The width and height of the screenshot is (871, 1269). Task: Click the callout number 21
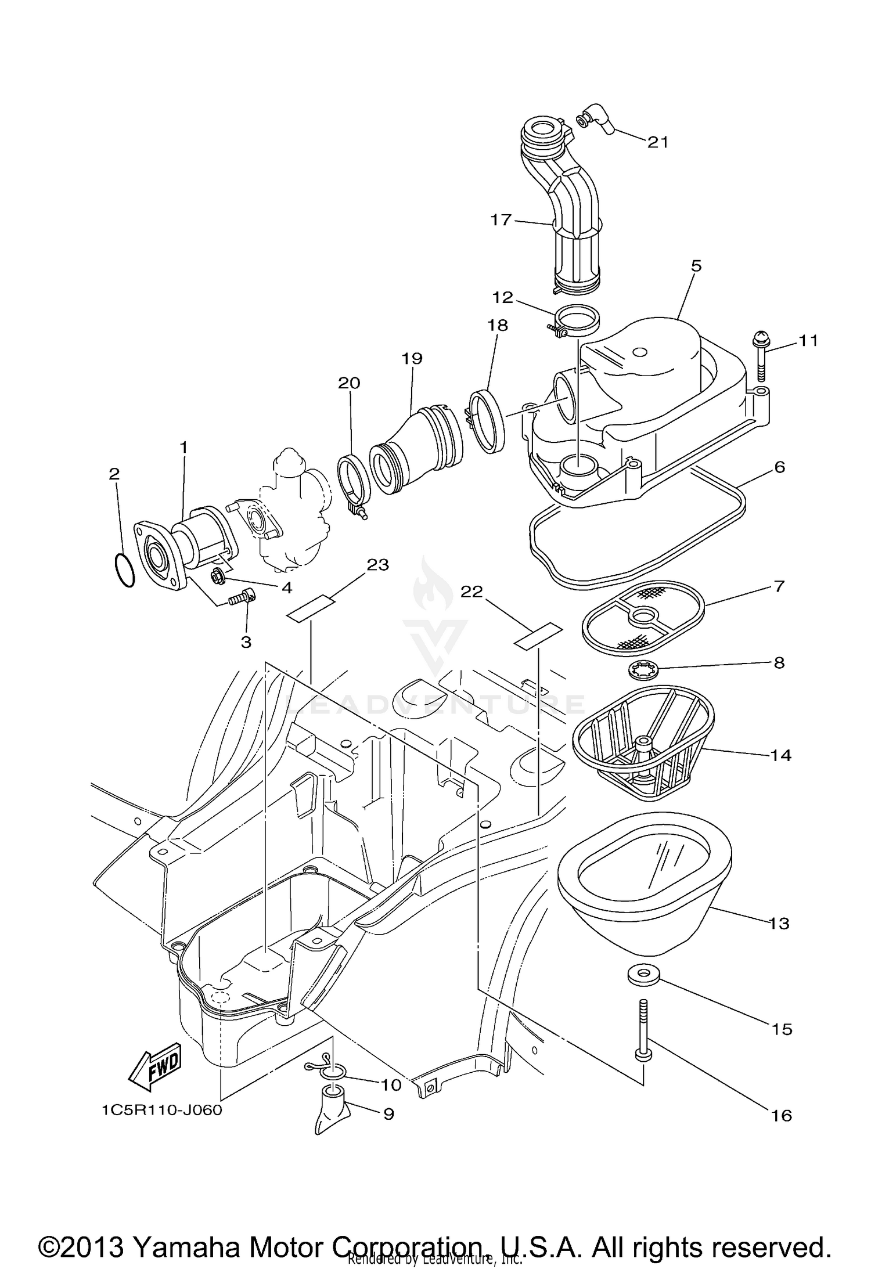[x=658, y=142]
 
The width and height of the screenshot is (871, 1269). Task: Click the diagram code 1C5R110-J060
[x=162, y=1110]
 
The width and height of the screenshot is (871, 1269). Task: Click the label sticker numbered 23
[x=311, y=609]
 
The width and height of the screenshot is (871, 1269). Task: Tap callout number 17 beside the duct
[x=501, y=220]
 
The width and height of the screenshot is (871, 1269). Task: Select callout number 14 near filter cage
[x=781, y=755]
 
